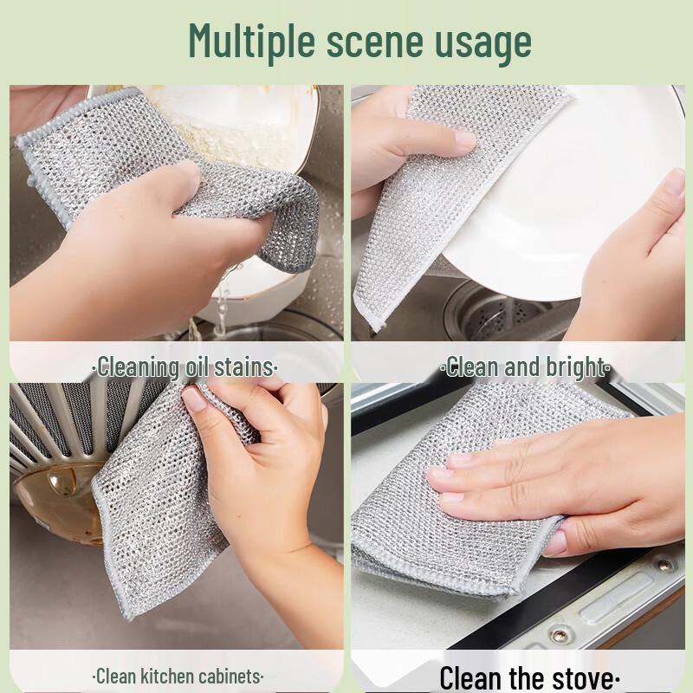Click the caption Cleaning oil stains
coord(185,366)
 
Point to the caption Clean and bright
coord(526,366)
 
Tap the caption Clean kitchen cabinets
coord(178,676)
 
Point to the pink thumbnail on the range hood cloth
coord(194,399)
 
